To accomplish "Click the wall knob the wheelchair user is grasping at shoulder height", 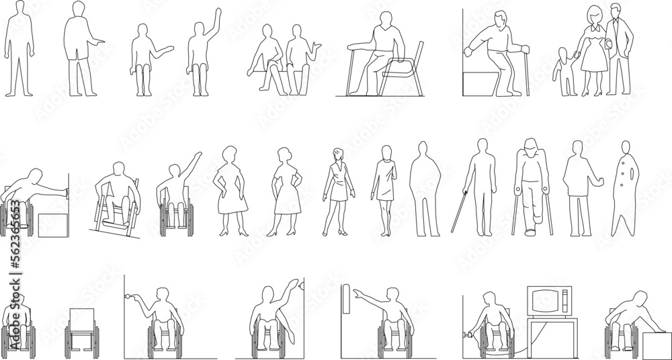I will [127, 296].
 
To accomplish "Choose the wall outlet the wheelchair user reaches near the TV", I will [465, 332].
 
